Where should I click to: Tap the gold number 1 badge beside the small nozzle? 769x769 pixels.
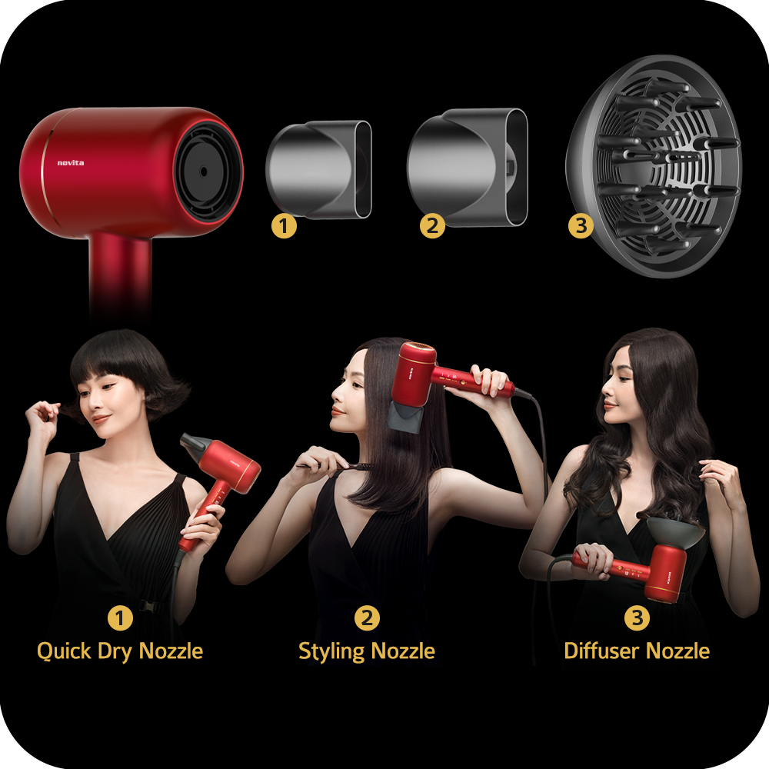pos(284,226)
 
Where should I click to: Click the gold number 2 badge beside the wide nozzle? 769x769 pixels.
pos(432,226)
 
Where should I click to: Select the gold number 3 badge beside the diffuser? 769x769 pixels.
pos(581,226)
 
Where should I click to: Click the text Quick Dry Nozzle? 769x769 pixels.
pos(120,651)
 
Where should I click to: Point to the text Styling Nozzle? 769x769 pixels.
pos(367,651)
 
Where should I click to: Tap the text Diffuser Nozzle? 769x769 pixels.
pos(637,651)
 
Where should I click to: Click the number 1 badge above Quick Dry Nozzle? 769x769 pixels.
pos(120,618)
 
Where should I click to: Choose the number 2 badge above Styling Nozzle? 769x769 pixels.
pos(367,618)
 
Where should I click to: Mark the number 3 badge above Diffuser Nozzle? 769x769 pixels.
pos(637,618)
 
